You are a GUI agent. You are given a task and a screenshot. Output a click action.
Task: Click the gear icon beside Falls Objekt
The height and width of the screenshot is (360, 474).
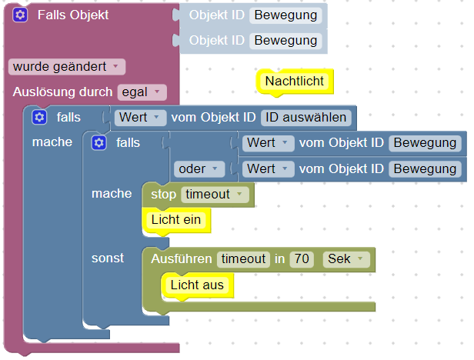20,15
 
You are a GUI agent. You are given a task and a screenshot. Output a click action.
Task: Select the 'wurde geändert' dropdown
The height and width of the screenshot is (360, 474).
67,67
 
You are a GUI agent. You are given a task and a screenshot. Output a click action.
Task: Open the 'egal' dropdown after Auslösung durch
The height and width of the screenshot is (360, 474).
142,92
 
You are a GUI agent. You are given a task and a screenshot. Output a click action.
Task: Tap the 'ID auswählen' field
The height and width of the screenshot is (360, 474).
306,118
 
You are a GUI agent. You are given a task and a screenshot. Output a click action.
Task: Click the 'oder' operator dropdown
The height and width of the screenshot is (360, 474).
199,168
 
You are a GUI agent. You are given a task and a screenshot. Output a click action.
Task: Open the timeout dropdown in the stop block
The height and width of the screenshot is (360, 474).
215,195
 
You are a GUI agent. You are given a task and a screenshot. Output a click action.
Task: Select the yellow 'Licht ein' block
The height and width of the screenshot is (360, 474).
176,220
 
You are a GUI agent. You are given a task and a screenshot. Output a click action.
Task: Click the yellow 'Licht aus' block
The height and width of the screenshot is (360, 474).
197,285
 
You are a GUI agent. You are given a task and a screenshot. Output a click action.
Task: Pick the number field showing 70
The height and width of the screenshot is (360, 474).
301,259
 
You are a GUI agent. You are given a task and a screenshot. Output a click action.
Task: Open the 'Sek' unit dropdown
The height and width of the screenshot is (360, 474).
345,259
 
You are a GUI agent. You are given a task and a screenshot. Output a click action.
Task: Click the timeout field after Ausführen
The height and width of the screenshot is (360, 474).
243,259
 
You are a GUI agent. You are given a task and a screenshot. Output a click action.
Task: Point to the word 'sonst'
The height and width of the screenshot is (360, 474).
108,258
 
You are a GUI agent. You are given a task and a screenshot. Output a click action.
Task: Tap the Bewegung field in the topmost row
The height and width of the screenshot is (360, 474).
285,15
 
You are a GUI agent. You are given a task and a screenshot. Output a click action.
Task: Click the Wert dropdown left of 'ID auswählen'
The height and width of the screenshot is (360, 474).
139,118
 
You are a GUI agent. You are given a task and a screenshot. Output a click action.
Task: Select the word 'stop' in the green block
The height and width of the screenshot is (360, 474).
163,195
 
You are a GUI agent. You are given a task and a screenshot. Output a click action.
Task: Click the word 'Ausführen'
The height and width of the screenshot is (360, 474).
182,259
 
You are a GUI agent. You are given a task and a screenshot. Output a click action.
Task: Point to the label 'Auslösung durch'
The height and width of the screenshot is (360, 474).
63,92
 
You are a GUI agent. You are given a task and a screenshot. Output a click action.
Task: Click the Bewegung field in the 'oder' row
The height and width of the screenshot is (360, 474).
425,168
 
